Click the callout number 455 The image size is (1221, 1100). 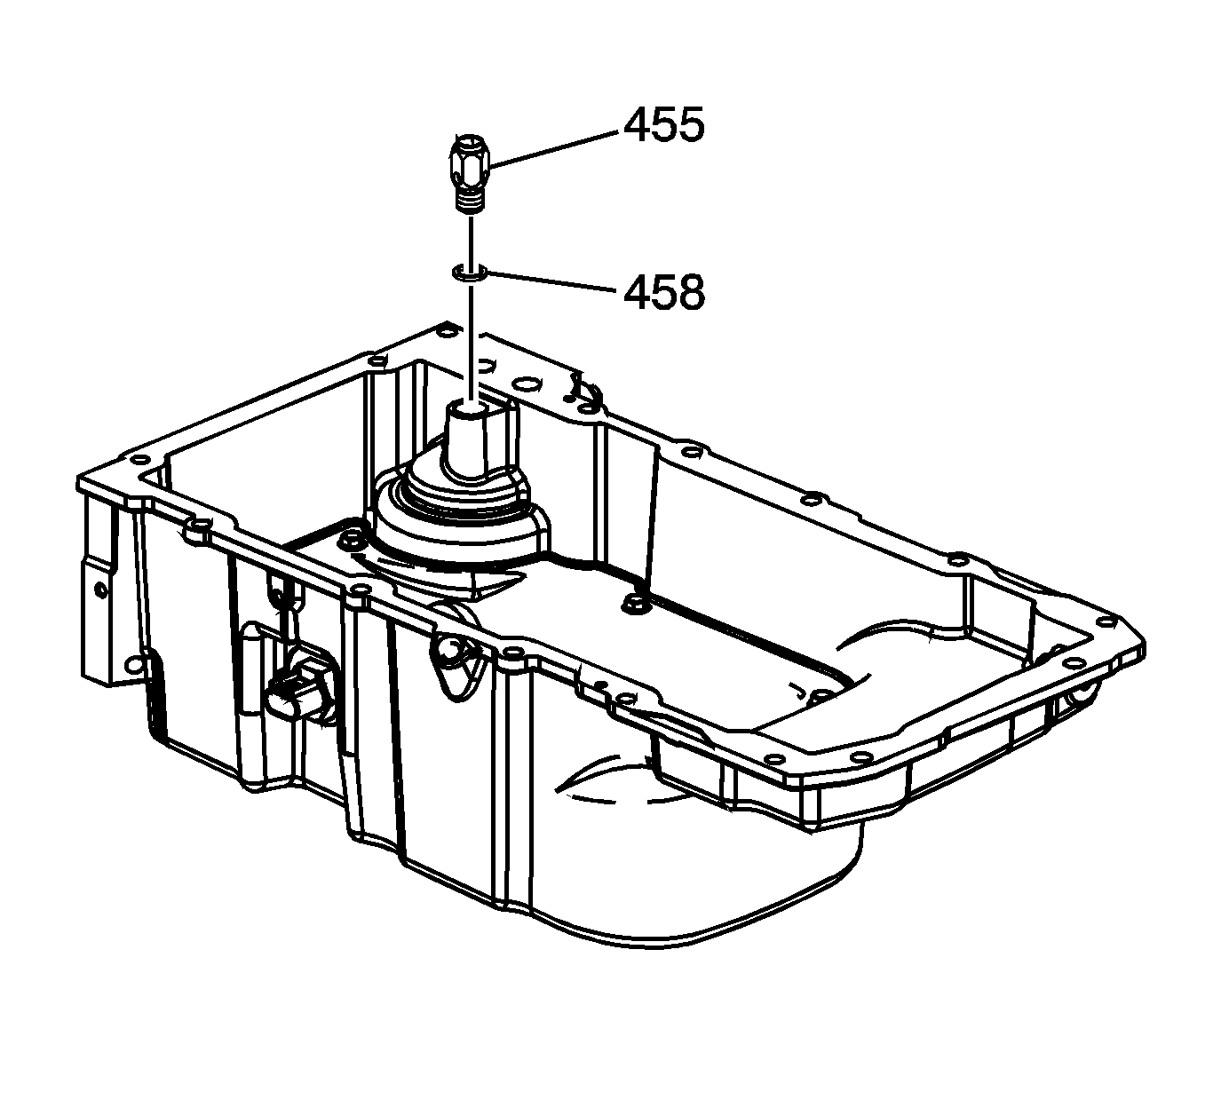pos(664,125)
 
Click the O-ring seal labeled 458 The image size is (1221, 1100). pos(469,272)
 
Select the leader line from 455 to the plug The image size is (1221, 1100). pos(556,149)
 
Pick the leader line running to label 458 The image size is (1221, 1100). pos(553,281)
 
